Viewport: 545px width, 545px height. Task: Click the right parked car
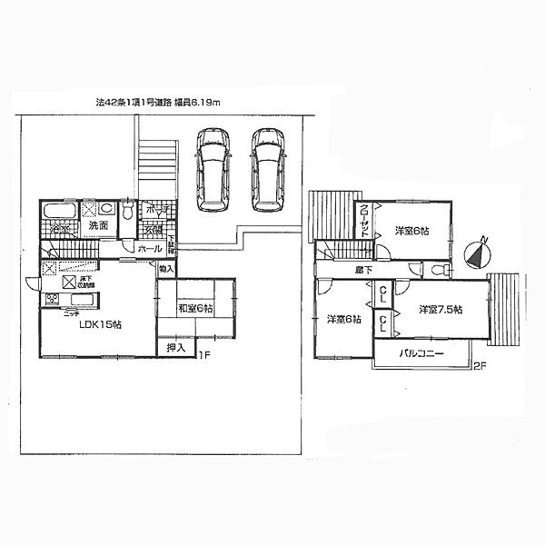coord(268,169)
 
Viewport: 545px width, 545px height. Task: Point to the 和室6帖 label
coord(194,308)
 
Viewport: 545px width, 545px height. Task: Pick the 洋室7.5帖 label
coord(441,309)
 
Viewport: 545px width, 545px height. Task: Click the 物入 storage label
coord(166,269)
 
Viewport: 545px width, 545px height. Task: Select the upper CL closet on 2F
coord(384,292)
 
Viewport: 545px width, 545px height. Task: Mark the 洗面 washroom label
coord(99,224)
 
